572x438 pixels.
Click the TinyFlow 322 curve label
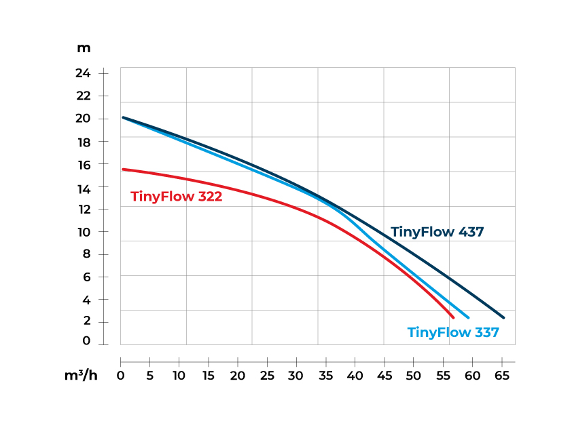[176, 197]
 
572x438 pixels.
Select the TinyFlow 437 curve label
[437, 232]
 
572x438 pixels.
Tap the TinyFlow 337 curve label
[453, 332]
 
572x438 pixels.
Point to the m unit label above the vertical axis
[84, 48]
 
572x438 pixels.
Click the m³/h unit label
[81, 375]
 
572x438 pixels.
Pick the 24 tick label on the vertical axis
[83, 73]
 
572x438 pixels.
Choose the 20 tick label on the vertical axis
[83, 119]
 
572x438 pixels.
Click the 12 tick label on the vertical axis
[83, 209]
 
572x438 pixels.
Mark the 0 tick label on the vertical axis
[86, 341]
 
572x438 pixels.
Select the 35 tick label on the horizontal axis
[325, 375]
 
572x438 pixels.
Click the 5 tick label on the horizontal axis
[149, 375]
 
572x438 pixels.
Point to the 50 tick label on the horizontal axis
[414, 375]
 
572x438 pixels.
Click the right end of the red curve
[453, 317]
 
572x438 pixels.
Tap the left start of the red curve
[123, 170]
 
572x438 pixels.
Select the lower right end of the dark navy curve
[503, 317]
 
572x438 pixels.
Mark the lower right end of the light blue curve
[468, 317]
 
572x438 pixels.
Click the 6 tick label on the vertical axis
[86, 277]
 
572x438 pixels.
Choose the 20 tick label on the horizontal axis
[238, 375]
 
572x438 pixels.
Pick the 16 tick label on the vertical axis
[83, 164]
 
